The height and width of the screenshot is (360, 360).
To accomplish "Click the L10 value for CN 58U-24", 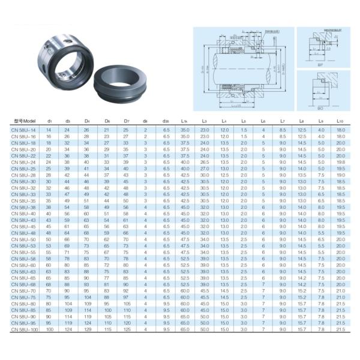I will pos(340,161).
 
